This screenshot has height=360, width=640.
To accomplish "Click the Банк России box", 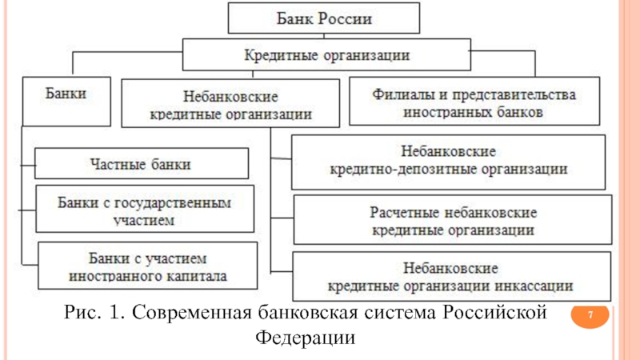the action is tap(324, 18).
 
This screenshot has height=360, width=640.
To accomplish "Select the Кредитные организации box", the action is tap(326, 54).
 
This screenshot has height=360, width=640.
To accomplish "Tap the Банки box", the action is tap(66, 102).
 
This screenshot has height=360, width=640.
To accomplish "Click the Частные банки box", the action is tap(142, 164).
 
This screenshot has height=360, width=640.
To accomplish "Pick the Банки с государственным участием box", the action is tap(145, 209).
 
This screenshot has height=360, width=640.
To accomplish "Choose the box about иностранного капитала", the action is tap(148, 266).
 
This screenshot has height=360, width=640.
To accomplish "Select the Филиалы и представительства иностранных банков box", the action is tap(474, 102).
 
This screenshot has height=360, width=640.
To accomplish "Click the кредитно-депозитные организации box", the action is tap(448, 162).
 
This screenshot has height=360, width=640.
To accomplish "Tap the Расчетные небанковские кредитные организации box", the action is tap(453, 219).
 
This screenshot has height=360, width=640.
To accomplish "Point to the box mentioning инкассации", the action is tap(451, 276).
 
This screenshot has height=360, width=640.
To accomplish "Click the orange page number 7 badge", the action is tap(590, 315).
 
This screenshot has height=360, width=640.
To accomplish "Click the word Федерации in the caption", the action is tap(306, 338).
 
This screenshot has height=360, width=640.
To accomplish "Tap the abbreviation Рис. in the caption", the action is tap(82, 313).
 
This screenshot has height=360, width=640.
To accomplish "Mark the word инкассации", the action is tap(534, 286).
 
